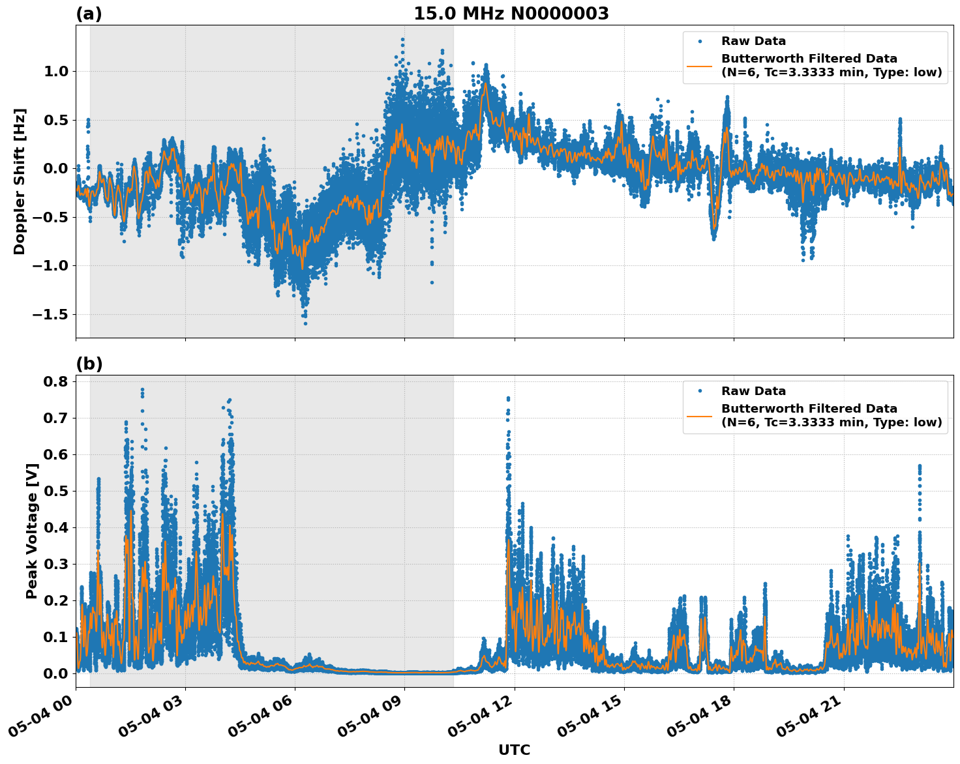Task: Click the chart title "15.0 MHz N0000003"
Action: click(511, 14)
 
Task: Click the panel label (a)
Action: click(89, 14)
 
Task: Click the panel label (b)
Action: click(89, 364)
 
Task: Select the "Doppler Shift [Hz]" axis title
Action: click(20, 181)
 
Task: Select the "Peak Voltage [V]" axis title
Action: click(31, 531)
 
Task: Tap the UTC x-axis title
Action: click(514, 750)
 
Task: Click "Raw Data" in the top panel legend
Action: click(753, 41)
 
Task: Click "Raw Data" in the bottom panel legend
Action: click(753, 391)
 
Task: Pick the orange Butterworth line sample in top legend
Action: click(699, 66)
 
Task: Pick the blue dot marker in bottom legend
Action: click(699, 391)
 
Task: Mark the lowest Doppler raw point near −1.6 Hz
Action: click(305, 323)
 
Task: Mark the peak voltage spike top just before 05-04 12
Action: click(508, 398)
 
